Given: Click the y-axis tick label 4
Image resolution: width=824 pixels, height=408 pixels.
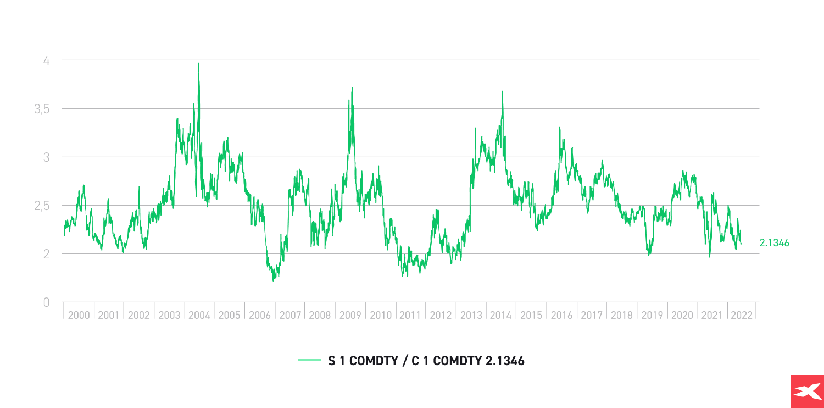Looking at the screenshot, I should point(47,60).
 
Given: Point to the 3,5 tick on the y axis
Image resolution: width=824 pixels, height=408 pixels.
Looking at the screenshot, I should point(41,109).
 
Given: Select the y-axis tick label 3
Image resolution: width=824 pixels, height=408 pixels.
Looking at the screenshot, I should point(47,157).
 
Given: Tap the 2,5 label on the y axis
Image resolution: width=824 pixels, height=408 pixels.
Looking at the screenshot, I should point(41,206).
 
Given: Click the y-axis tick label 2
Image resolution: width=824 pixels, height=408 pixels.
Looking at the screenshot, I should point(47,254).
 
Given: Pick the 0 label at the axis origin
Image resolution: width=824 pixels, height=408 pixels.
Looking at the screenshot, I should point(47,302).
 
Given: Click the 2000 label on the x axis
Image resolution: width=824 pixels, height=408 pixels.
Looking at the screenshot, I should point(79,316).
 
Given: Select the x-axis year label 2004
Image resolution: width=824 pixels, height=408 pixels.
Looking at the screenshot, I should point(199,316).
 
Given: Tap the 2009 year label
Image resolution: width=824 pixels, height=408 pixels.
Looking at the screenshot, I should point(350,316).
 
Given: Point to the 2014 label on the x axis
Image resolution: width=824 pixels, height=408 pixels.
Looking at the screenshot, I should point(500,316).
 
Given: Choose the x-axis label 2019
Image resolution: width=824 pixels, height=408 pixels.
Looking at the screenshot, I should point(652,316).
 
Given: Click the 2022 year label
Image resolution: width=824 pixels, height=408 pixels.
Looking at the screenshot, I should point(742,316).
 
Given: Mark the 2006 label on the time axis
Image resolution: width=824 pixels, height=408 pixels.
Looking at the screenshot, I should point(260,316).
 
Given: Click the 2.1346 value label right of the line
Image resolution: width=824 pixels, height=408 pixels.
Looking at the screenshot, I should point(774,242).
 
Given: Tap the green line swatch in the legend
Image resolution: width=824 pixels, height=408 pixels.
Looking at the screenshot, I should point(310,361).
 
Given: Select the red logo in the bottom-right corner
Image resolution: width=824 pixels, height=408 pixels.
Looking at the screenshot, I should point(807,392).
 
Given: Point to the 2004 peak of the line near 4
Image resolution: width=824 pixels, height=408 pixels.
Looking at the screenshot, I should point(199,63).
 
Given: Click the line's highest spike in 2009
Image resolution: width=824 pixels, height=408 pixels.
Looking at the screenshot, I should point(352,88).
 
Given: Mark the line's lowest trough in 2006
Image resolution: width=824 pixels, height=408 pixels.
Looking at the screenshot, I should point(273,280).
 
